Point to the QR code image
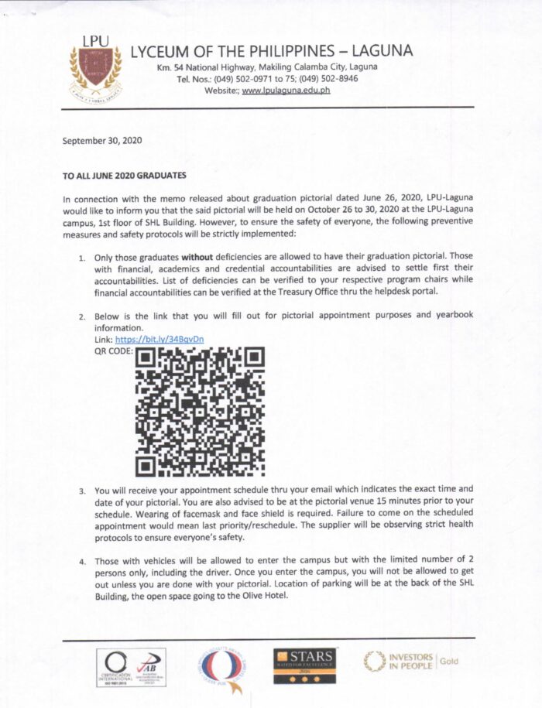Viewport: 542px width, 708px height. point(201,410)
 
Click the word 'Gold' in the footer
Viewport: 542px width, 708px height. point(450,661)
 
